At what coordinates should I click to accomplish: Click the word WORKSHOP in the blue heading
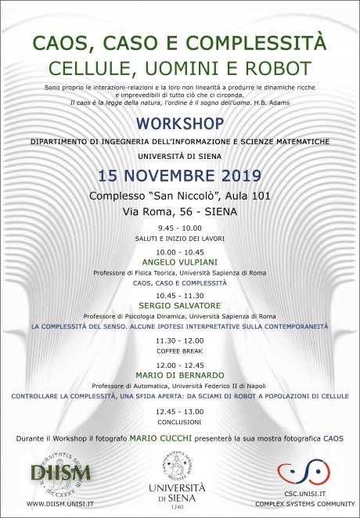[x=180, y=124]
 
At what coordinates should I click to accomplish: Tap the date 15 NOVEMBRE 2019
[x=180, y=174]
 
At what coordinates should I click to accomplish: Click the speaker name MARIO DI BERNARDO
[x=180, y=375]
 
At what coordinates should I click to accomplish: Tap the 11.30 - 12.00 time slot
[x=180, y=340]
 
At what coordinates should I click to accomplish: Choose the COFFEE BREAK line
[x=180, y=351]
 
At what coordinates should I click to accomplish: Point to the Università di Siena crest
[x=180, y=462]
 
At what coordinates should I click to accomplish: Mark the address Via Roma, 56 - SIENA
[x=180, y=210]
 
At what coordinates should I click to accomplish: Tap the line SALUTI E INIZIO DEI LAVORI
[x=180, y=239]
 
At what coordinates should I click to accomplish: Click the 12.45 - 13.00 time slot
[x=180, y=411]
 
